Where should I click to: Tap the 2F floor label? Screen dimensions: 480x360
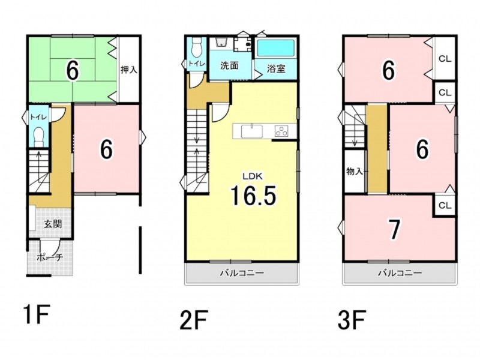[194, 320]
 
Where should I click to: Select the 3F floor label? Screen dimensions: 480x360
[352, 320]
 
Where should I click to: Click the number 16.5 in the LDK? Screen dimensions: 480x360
[253, 196]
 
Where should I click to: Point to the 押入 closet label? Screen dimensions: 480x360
[128, 70]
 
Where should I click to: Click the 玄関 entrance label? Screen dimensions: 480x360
[53, 224]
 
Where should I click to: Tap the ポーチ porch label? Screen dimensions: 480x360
[50, 257]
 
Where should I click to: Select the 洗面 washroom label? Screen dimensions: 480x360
[229, 65]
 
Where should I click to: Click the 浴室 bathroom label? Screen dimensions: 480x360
[276, 68]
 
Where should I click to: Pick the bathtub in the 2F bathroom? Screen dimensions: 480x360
[275, 48]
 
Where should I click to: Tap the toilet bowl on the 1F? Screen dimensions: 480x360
[39, 136]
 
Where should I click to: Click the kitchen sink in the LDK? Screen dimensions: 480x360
[251, 131]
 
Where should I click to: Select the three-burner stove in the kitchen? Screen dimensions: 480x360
[281, 131]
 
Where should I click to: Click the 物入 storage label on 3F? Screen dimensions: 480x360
[355, 172]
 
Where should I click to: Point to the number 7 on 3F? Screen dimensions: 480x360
[394, 230]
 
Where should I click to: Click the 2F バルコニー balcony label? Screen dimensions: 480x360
[242, 273]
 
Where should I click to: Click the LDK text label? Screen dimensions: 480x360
[253, 176]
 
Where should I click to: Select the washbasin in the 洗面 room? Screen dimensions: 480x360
[221, 43]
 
